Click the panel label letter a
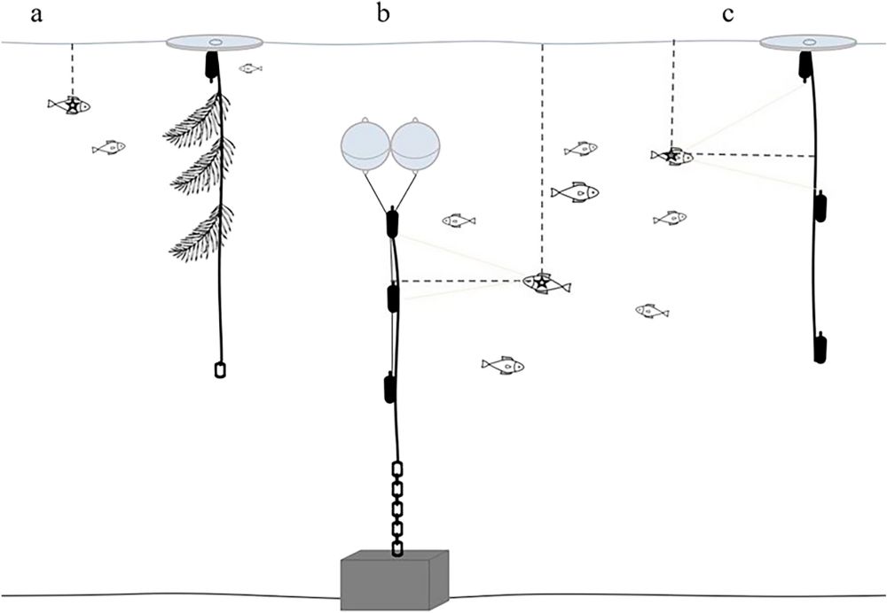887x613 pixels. tap(36, 15)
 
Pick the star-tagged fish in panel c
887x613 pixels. tap(673, 157)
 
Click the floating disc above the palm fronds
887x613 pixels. tap(214, 43)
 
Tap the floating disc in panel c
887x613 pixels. tap(809, 43)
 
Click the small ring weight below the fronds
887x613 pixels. tap(220, 370)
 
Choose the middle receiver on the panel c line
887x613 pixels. tap(820, 208)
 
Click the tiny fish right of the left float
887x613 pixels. tap(250, 68)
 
